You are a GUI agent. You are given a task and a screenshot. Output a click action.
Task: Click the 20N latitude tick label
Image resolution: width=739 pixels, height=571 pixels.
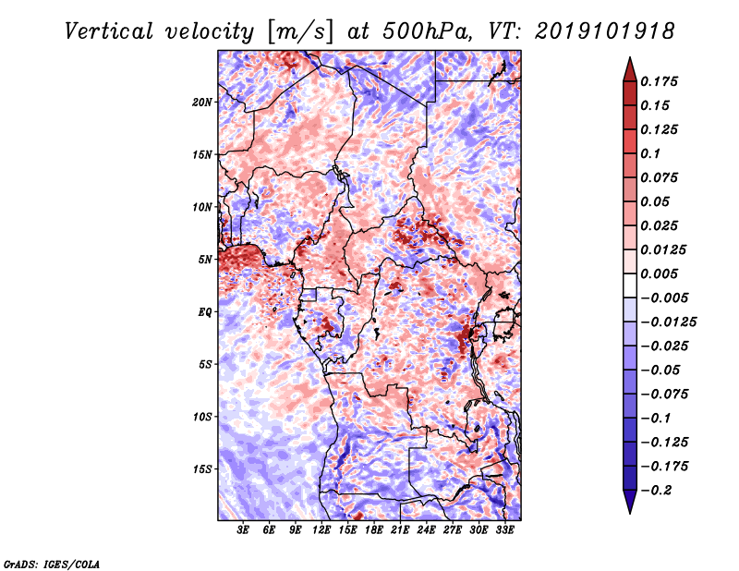click(202, 102)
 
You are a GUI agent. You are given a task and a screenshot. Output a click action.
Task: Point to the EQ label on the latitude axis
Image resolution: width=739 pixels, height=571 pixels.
click(204, 312)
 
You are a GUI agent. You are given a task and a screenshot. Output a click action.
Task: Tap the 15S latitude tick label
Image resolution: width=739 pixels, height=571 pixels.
click(202, 469)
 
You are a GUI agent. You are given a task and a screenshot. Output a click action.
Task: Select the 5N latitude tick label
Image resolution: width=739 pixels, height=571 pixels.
click(205, 260)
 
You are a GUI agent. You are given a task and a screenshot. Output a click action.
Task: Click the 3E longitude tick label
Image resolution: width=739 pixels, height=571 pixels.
click(243, 530)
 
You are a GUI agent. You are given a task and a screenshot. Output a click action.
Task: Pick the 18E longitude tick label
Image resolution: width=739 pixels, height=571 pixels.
click(374, 530)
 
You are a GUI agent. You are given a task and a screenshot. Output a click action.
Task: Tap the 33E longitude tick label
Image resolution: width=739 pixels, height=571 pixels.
click(504, 530)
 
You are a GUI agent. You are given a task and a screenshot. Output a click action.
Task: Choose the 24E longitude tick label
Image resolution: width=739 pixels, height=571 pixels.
click(426, 530)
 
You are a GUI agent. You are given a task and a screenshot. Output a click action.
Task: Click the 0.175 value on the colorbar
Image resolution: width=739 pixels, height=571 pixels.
click(659, 81)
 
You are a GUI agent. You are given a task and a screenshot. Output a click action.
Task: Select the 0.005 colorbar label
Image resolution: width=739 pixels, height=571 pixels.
click(659, 273)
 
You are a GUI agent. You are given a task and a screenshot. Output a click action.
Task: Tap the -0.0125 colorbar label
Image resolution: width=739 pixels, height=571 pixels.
click(668, 322)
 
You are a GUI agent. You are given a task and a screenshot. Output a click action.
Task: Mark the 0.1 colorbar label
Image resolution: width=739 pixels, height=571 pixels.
click(650, 153)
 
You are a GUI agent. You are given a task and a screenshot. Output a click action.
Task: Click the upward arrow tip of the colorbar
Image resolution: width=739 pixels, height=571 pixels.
click(630, 57)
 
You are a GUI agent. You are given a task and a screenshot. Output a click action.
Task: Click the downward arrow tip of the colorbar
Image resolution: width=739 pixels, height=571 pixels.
click(630, 513)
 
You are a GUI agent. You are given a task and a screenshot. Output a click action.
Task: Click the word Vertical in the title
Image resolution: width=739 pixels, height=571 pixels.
click(109, 31)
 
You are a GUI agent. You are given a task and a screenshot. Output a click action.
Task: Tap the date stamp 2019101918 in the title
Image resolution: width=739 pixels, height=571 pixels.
click(605, 31)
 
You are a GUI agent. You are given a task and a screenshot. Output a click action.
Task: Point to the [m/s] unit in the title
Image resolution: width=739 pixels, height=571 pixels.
click(300, 31)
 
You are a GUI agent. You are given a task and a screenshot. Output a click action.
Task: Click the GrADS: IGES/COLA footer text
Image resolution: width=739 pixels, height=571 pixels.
click(52, 565)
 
